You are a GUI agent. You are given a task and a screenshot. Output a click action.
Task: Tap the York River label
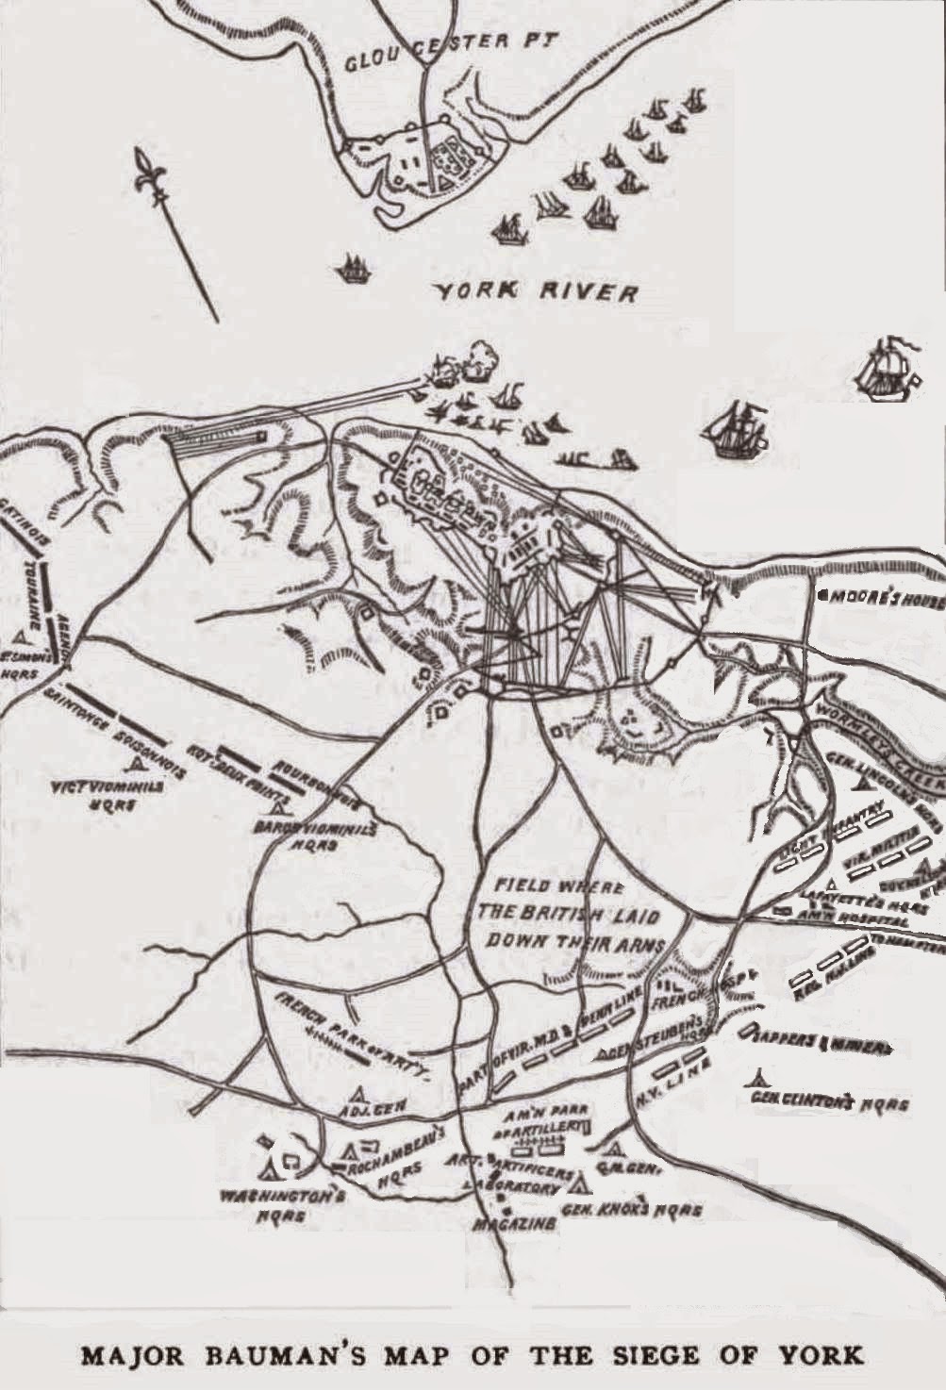535,290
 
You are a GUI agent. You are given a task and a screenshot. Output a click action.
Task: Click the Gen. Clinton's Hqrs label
830,1102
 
